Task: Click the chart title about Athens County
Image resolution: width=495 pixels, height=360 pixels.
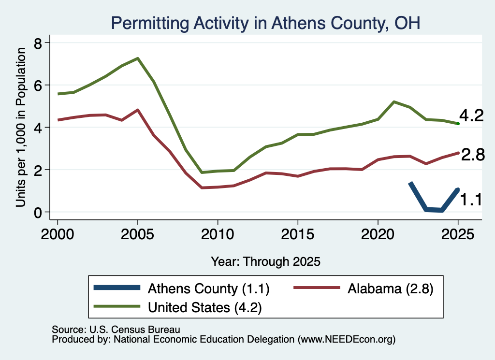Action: pyautogui.click(x=265, y=23)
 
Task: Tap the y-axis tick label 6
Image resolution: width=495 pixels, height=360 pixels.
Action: pyautogui.click(x=38, y=86)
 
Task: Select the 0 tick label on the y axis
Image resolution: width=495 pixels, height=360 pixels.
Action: pyautogui.click(x=38, y=213)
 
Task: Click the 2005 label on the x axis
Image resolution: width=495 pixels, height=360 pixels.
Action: pyautogui.click(x=137, y=234)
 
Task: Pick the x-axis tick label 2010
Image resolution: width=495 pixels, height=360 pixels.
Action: pyautogui.click(x=218, y=234)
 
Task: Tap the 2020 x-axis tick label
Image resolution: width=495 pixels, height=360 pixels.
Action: pyautogui.click(x=378, y=234)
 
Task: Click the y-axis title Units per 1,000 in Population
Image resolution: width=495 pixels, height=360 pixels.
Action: pyautogui.click(x=21, y=127)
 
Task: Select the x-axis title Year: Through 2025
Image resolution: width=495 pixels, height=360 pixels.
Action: pyautogui.click(x=265, y=261)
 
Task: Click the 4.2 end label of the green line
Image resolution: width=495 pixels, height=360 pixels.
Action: pyautogui.click(x=471, y=116)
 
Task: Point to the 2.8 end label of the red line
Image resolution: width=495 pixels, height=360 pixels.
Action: pyautogui.click(x=473, y=155)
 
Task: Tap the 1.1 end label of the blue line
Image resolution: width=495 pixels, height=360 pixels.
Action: pyautogui.click(x=471, y=200)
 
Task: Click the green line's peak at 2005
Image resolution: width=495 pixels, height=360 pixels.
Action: pyautogui.click(x=138, y=58)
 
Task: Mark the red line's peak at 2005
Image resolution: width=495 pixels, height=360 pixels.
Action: pyautogui.click(x=138, y=110)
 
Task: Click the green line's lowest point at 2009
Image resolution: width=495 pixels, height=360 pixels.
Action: pyautogui.click(x=202, y=173)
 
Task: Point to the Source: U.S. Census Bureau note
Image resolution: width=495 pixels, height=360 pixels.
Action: pyautogui.click(x=116, y=330)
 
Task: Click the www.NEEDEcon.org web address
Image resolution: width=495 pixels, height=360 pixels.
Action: pyautogui.click(x=347, y=340)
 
